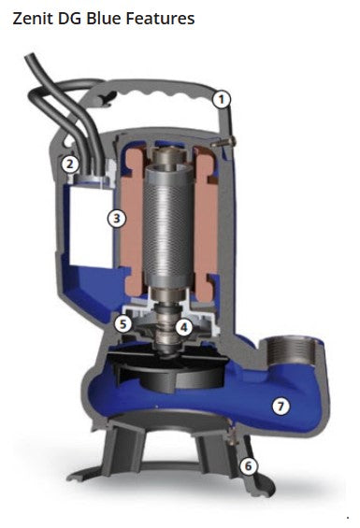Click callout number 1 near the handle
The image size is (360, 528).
pyautogui.click(x=222, y=97)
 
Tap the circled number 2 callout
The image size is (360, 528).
pyautogui.click(x=69, y=164)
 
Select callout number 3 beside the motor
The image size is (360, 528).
pyautogui.click(x=116, y=218)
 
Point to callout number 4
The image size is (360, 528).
pyautogui.click(x=184, y=326)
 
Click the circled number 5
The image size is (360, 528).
pyautogui.click(x=122, y=323)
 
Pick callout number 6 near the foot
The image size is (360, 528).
pyautogui.click(x=247, y=464)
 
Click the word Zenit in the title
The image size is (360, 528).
pyautogui.click(x=32, y=19)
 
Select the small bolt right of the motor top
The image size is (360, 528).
pyautogui.click(x=228, y=141)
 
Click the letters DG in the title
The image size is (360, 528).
pyautogui.click(x=70, y=19)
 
